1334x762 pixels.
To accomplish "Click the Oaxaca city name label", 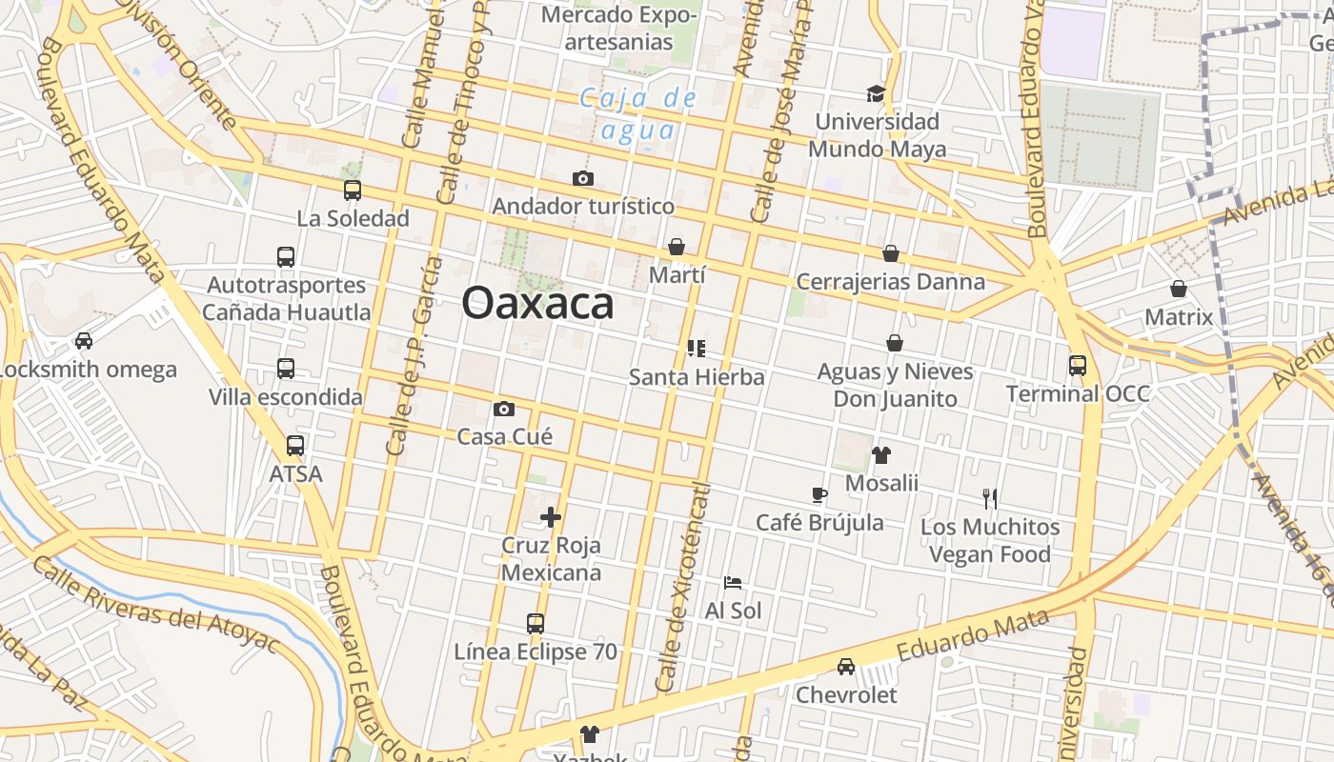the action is tap(537, 304).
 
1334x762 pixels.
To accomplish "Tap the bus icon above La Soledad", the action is tap(353, 190).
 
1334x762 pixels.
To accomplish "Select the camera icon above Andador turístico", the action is tap(583, 178).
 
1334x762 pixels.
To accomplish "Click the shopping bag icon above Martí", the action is tap(677, 248).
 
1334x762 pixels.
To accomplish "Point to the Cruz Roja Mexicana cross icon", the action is tap(551, 517).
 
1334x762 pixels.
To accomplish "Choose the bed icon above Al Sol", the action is tap(732, 582).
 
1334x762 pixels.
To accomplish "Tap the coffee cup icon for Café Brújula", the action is tap(819, 494).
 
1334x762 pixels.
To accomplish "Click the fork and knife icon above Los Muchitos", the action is tap(990, 498).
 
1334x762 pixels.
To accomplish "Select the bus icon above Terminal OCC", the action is tap(1078, 366).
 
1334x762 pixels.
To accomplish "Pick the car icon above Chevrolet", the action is tap(846, 667).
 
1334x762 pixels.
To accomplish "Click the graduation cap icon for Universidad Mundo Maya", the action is tap(876, 93).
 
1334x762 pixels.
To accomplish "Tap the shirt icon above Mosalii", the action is tap(881, 455).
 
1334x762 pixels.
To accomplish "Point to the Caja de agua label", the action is tap(638, 114).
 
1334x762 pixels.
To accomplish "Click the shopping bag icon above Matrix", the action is tap(1179, 289).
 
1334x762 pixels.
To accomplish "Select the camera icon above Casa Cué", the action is tap(504, 410).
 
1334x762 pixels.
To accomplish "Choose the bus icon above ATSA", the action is tap(295, 445).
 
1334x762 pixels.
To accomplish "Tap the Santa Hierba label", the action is tap(697, 377).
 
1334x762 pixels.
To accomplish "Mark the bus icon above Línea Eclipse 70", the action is tap(536, 624).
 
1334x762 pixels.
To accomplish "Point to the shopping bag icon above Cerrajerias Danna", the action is tap(891, 253).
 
